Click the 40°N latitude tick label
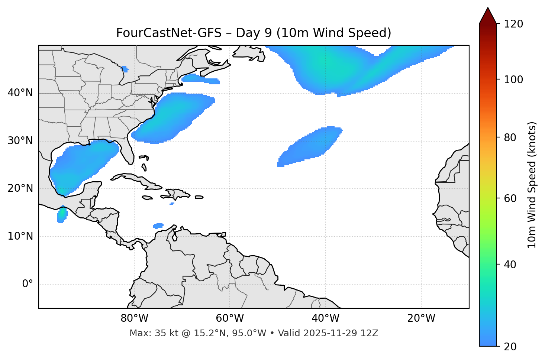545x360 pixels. [x=20, y=93]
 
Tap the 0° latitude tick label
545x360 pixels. [x=28, y=284]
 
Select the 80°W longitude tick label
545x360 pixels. [x=134, y=318]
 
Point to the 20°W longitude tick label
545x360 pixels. [x=421, y=318]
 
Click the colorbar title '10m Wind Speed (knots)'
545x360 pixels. [x=532, y=185]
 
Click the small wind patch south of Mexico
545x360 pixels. [x=62, y=214]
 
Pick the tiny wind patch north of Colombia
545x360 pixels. [x=158, y=226]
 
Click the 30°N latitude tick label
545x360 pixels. [x=20, y=141]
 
